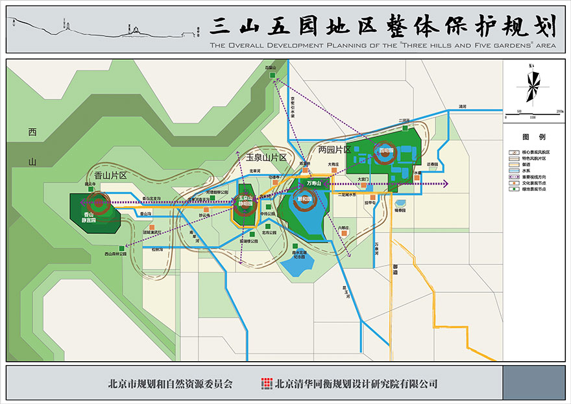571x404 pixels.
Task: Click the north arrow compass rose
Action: (x=532, y=86)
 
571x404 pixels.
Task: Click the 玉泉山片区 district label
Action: (x=266, y=158)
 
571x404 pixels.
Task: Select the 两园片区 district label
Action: (x=335, y=149)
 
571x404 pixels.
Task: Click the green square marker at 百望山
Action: (x=274, y=75)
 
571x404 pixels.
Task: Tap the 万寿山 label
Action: (x=313, y=184)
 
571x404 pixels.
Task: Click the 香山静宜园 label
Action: (x=89, y=218)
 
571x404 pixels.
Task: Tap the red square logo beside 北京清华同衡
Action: (x=266, y=383)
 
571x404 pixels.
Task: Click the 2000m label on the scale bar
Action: (x=559, y=112)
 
